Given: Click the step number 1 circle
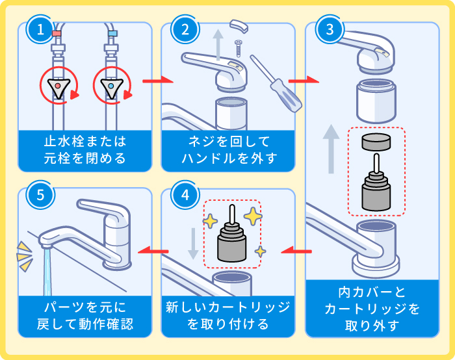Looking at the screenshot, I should click(x=40, y=29).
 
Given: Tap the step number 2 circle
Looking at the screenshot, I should click(x=185, y=29).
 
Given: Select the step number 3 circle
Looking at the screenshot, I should click(x=329, y=29).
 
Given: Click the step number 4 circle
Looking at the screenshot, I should click(x=185, y=195).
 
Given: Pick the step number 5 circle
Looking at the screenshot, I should click(x=40, y=195).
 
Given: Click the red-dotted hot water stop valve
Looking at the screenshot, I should click(x=58, y=86).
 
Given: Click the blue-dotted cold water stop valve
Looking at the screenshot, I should click(x=112, y=86).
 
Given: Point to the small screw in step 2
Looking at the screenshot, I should click(x=239, y=49).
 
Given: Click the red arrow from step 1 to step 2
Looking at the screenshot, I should click(x=158, y=81).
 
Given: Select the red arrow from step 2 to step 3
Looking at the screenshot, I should click(x=302, y=81).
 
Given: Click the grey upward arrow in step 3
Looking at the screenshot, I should click(x=331, y=149).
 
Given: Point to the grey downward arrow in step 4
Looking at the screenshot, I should click(x=192, y=243).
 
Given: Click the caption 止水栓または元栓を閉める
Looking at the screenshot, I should click(x=84, y=149).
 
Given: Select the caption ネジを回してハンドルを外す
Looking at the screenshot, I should click(x=229, y=149).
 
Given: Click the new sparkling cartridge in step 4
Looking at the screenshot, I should click(x=232, y=240).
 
